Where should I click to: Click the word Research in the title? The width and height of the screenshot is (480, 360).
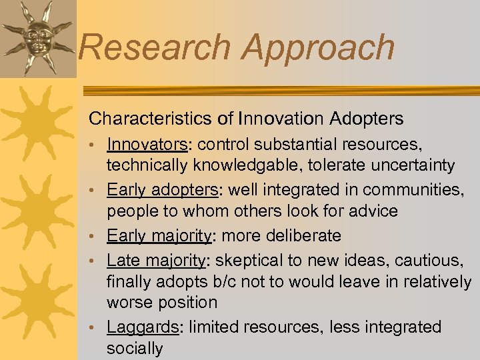pos(155,48)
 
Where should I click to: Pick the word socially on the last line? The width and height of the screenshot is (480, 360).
pos(135,347)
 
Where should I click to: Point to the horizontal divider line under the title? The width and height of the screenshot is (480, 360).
pos(280,90)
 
